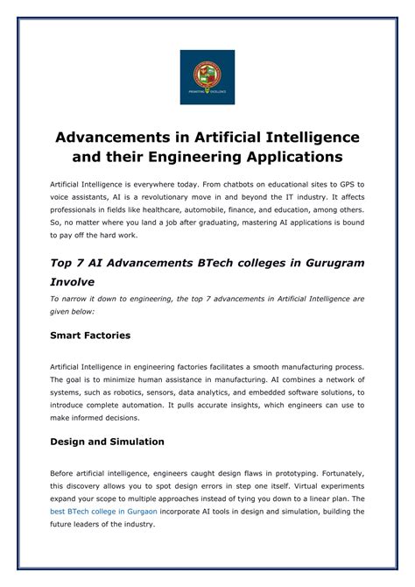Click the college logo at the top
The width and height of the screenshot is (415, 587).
point(207,77)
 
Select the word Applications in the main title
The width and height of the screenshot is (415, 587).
point(293,159)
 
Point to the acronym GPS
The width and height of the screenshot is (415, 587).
point(346,187)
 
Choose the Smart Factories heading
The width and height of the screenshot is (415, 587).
point(90,335)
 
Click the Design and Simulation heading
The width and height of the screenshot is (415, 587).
point(107,442)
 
